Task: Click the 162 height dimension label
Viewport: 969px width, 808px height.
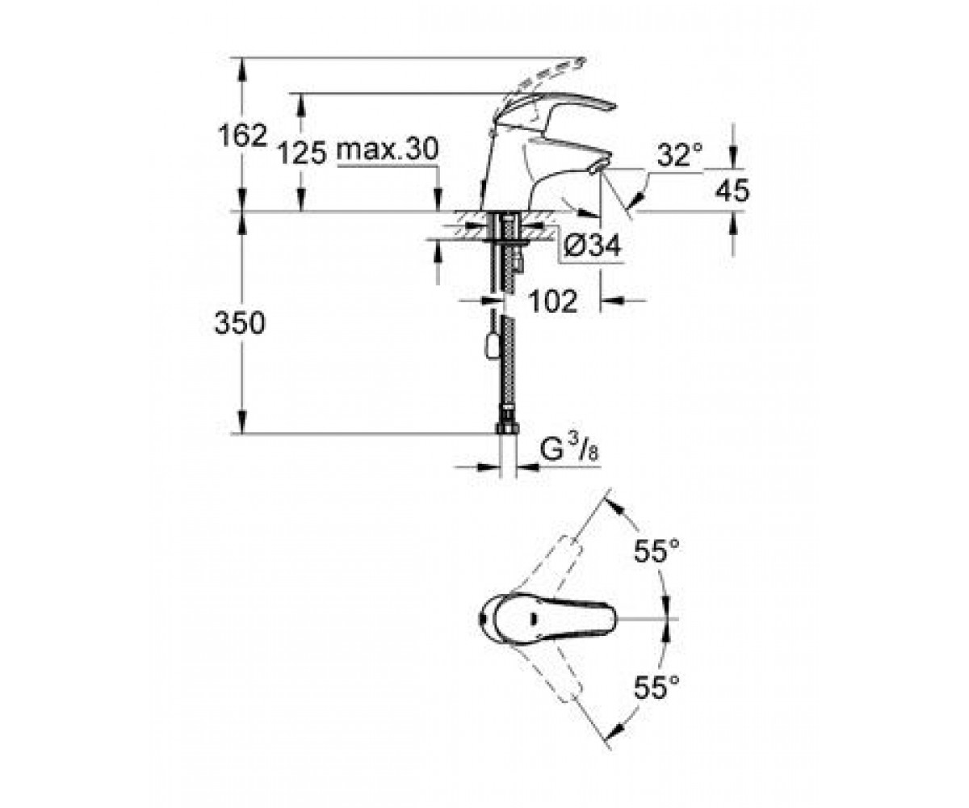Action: tap(242, 136)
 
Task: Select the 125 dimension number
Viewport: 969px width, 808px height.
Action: tap(302, 153)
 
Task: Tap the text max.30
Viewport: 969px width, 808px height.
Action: tap(387, 149)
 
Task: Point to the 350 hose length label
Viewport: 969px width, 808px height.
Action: tap(240, 322)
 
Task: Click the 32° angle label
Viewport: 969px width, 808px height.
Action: tap(679, 154)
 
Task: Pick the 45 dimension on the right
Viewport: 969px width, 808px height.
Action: tap(732, 191)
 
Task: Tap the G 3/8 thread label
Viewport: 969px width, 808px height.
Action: tap(569, 449)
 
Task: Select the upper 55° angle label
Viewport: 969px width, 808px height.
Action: tap(656, 551)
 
